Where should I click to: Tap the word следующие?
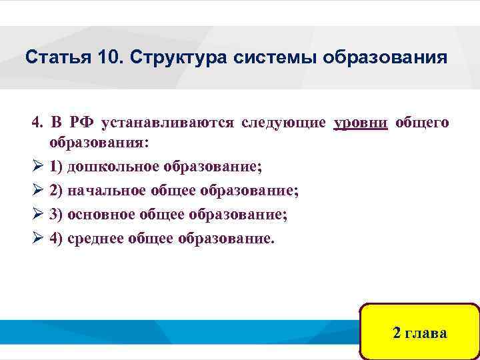point(284,123)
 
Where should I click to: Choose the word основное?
point(101,215)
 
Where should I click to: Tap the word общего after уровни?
point(422,123)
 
